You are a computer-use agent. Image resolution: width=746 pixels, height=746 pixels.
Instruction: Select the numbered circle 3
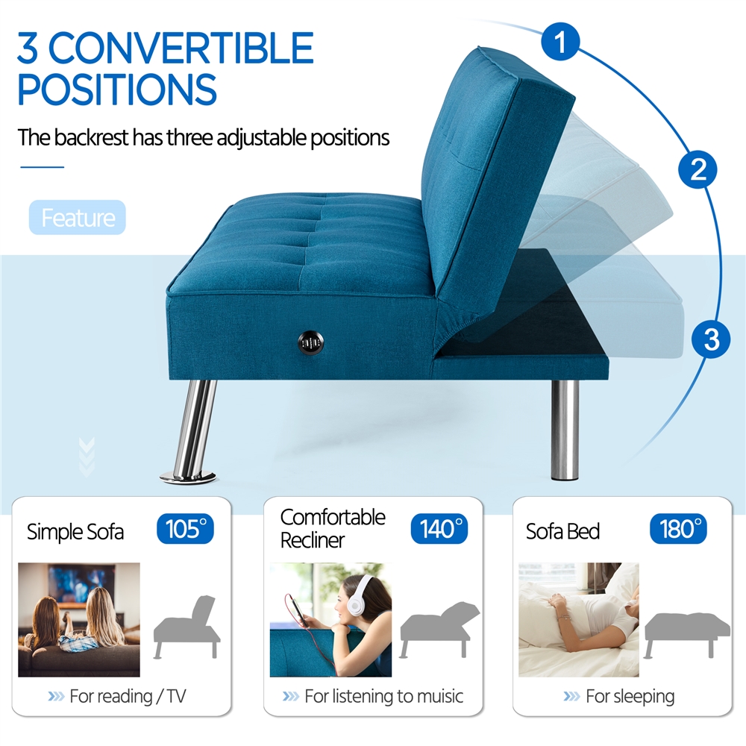coord(711,339)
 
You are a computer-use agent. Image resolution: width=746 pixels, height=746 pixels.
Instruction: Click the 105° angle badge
coord(185,529)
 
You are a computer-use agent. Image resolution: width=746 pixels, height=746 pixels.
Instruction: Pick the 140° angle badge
coord(439,529)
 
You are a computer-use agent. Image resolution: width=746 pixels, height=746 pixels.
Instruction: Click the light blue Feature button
coord(78,218)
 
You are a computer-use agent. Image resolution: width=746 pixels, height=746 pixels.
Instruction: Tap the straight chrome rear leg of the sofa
coord(565,429)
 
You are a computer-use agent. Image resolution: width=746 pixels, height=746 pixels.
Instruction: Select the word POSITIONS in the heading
coord(117,90)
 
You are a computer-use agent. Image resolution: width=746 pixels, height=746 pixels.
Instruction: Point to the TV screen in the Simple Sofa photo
coord(82,583)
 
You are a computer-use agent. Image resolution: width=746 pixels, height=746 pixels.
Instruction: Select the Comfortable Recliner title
coord(333,528)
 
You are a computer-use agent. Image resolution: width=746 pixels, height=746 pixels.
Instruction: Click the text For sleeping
coord(630,697)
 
